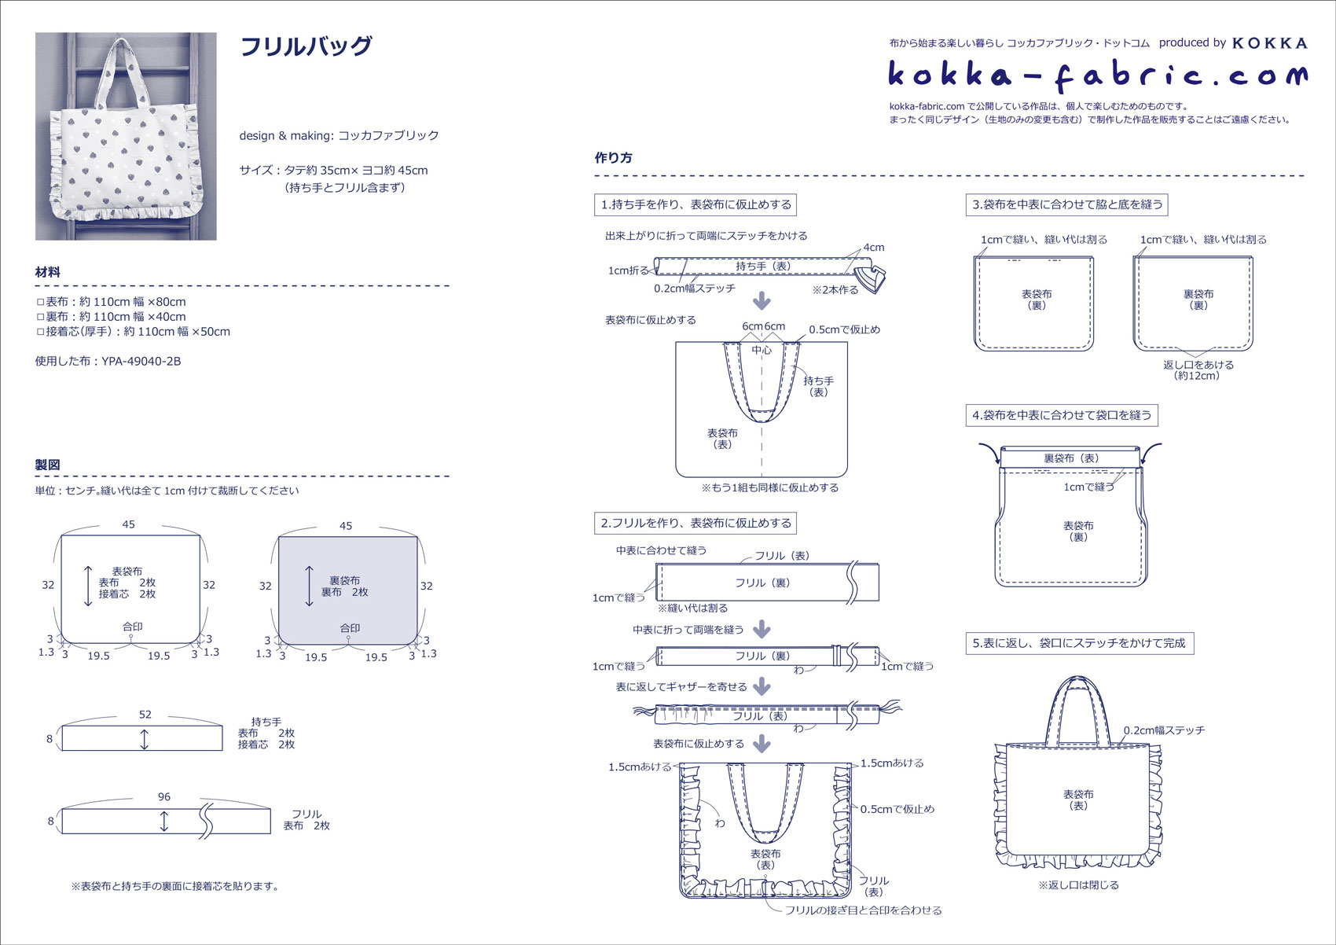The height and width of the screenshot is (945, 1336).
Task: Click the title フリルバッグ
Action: point(305,47)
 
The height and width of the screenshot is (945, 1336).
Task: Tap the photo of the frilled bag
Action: point(126,136)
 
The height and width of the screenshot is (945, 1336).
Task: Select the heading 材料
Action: point(48,272)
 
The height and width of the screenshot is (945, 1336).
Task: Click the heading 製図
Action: point(48,465)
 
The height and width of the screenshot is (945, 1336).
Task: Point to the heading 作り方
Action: point(614,157)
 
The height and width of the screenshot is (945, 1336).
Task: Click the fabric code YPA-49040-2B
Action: point(141,362)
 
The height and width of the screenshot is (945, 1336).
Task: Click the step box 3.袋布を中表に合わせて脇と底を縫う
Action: point(1066,204)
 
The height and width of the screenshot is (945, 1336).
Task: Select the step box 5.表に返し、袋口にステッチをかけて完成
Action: point(1078,643)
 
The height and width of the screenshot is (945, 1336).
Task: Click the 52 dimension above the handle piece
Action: point(145,715)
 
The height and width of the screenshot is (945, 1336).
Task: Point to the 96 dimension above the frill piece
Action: point(164,796)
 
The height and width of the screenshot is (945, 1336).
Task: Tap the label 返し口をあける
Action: point(1198,365)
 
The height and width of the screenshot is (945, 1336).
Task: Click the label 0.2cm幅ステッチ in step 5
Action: point(1164,730)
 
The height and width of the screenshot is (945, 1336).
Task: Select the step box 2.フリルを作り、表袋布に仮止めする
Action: point(696,523)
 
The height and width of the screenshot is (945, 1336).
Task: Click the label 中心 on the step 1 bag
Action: point(762,350)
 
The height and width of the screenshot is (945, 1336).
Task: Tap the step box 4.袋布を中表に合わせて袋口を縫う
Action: point(1061,415)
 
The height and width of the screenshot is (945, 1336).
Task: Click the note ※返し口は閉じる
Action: point(1078,885)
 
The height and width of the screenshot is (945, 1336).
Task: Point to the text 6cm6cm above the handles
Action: point(763,326)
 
